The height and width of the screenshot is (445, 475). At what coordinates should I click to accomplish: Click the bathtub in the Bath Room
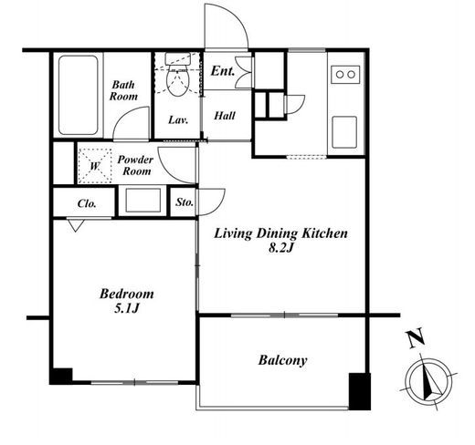pos(79,95)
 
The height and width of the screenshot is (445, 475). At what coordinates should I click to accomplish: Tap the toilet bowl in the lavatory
pos(177,81)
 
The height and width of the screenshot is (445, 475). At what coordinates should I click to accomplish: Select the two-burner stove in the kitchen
pos(345,75)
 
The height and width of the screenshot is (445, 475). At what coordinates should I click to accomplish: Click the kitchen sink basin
pos(344,132)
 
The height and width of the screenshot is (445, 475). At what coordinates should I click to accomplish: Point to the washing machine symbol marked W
pos(95,166)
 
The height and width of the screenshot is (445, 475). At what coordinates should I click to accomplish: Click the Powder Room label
pos(135,165)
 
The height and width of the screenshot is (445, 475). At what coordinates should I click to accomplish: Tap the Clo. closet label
pos(87,203)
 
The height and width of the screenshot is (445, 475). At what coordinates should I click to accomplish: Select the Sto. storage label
pos(185,202)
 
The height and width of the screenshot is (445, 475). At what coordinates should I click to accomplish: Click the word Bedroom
pos(127,294)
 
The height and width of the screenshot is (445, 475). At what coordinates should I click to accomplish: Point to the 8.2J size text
pos(280,248)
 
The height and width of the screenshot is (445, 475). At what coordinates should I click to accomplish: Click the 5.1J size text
pos(127,308)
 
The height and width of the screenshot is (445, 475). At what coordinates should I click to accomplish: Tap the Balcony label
pos(282,360)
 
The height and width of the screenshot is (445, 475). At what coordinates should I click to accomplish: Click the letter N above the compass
pos(416,337)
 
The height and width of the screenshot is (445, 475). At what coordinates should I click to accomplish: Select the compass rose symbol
pos(428,381)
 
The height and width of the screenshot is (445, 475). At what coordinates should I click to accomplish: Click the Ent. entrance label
pos(223,71)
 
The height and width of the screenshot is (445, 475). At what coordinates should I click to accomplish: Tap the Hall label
pos(225,116)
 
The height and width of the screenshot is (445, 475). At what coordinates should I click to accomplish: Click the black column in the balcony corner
pos(360,391)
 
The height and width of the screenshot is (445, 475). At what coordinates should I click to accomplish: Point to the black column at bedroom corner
pos(61,377)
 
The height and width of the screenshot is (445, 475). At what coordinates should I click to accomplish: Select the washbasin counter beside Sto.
pos(142,201)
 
